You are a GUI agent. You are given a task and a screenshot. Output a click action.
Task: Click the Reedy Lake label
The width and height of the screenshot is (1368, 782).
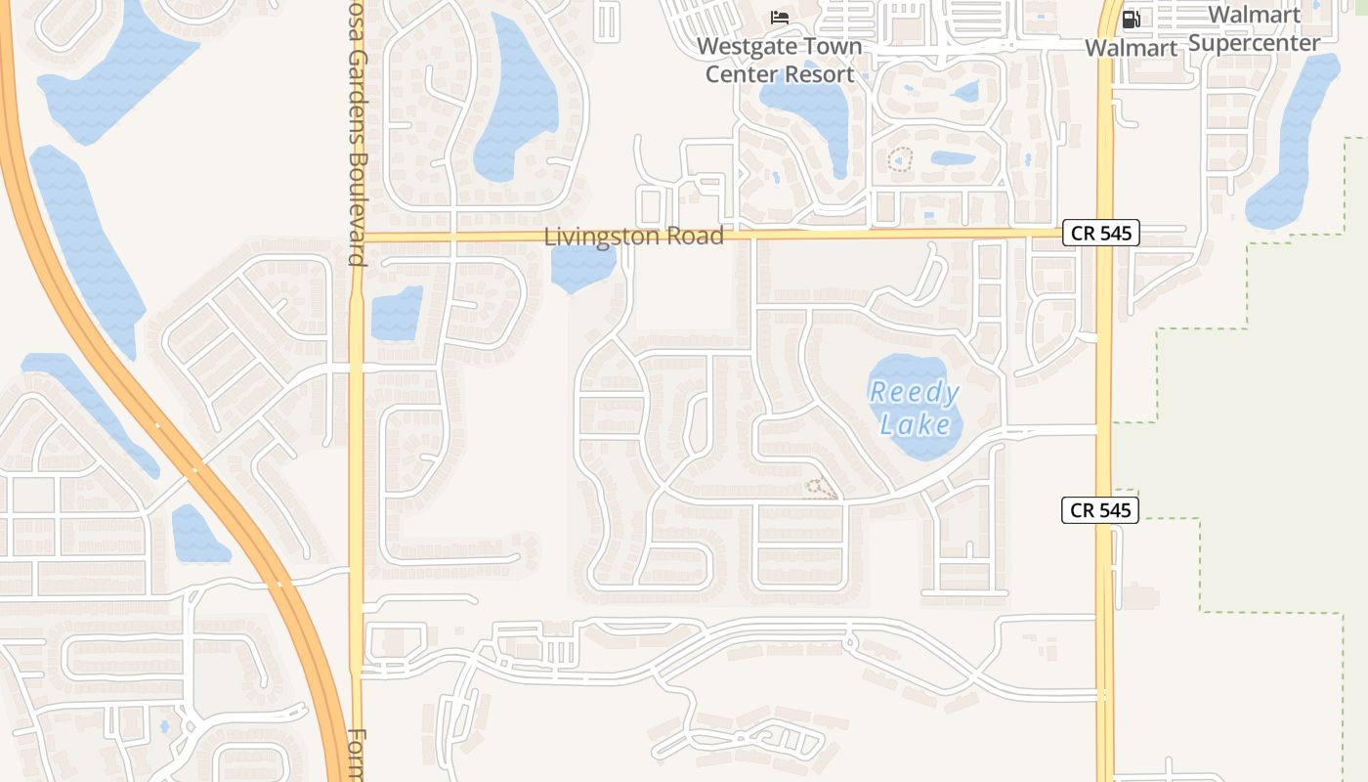[x=915, y=409]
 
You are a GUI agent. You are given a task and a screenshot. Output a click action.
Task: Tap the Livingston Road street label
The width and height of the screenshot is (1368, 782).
[x=633, y=237]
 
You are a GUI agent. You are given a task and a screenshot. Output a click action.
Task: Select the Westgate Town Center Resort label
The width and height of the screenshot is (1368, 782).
[x=780, y=60]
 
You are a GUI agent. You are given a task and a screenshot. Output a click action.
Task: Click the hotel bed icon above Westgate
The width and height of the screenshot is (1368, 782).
[x=780, y=18]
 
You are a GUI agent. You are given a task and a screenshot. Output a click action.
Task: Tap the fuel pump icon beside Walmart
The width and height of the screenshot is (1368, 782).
[x=1132, y=19]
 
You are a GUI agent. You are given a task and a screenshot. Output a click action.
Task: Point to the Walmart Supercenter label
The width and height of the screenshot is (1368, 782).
[x=1255, y=28]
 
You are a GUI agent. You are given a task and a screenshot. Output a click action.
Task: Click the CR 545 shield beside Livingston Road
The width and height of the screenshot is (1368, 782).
[x=1100, y=234]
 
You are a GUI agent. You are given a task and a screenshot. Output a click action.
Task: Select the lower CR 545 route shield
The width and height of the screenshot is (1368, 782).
[x=1100, y=510]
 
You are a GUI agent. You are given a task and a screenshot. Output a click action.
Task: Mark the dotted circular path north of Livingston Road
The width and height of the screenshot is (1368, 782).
[x=899, y=159]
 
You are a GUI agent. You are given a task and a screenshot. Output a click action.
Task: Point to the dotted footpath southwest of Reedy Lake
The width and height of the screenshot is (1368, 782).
[x=821, y=489]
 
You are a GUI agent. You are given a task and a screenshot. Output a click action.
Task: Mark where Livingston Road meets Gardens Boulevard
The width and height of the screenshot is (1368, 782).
[x=358, y=237]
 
